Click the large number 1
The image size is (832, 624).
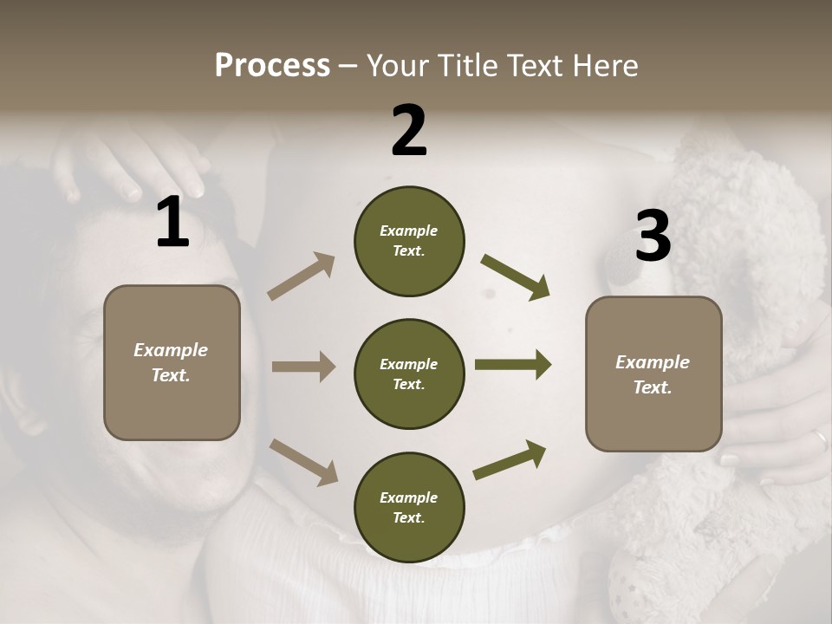(172, 222)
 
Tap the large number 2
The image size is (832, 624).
(409, 131)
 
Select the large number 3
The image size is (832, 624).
(653, 236)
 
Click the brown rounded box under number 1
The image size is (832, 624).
(172, 362)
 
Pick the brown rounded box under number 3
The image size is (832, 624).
(653, 374)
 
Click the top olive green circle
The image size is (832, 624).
(409, 241)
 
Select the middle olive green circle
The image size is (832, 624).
(409, 374)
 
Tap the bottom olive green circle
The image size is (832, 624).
(409, 507)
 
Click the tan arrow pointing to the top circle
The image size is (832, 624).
(302, 276)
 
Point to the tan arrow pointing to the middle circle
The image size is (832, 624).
(303, 367)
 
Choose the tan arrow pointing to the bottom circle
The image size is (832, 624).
(303, 461)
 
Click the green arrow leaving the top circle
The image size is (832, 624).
(516, 276)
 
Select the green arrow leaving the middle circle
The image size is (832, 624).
(513, 365)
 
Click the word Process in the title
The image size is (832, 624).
(272, 65)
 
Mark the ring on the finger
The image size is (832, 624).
(819, 441)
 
